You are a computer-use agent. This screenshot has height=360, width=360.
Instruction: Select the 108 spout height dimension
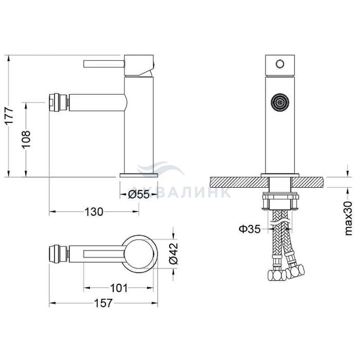(26, 139)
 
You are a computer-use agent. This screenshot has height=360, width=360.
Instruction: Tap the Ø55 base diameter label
(139, 195)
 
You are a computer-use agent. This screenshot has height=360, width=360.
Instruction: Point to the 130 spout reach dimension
(94, 212)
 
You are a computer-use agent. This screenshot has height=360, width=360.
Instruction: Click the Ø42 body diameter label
(173, 253)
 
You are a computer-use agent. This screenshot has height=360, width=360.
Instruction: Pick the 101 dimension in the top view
(119, 288)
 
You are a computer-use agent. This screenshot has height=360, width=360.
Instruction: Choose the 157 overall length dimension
(103, 303)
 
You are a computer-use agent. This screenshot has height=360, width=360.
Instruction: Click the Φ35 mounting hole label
(250, 229)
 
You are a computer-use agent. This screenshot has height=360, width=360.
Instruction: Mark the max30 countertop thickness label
(348, 218)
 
